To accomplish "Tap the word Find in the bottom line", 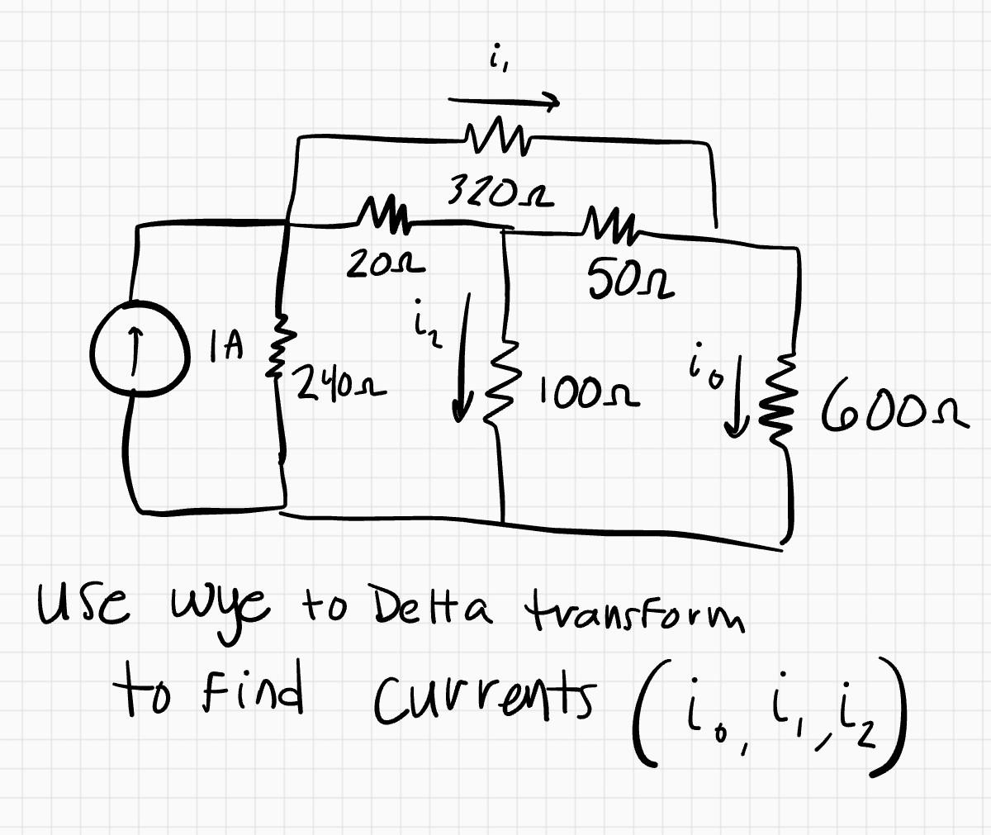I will tap(260, 694).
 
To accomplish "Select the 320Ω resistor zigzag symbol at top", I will tap(493, 135).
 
